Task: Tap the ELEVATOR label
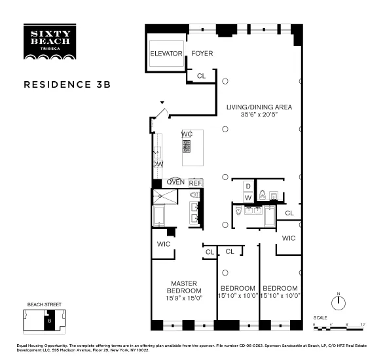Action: point(166,53)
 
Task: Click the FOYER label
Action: point(202,53)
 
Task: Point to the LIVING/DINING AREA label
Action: point(259,107)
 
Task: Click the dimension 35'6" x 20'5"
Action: point(259,115)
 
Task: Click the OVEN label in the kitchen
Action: point(175,183)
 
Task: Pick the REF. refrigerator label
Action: point(196,183)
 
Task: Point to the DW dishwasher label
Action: point(158,164)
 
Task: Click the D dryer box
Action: point(248,186)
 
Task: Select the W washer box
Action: point(248,197)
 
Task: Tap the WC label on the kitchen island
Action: point(187,134)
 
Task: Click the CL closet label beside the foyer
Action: point(201,76)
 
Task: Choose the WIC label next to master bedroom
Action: point(164,243)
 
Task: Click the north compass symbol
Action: point(339,303)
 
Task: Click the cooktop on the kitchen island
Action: point(187,147)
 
